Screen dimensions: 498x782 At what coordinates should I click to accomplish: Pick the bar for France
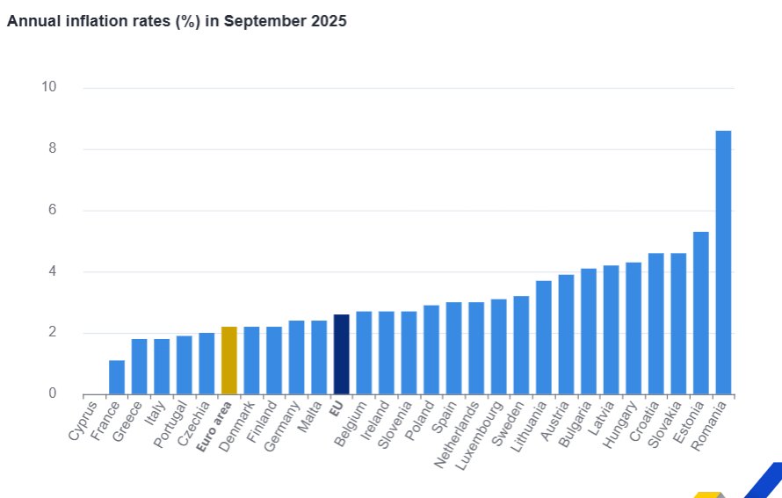[x=117, y=377]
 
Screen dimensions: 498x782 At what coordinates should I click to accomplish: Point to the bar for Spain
[x=453, y=348]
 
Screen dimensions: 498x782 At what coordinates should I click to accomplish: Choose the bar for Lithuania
[x=544, y=337]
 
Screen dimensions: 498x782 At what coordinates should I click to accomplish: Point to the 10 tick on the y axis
[x=48, y=87]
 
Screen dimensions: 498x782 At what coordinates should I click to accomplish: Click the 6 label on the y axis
[x=52, y=210]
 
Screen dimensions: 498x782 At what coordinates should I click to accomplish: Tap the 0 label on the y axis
[x=52, y=393]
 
